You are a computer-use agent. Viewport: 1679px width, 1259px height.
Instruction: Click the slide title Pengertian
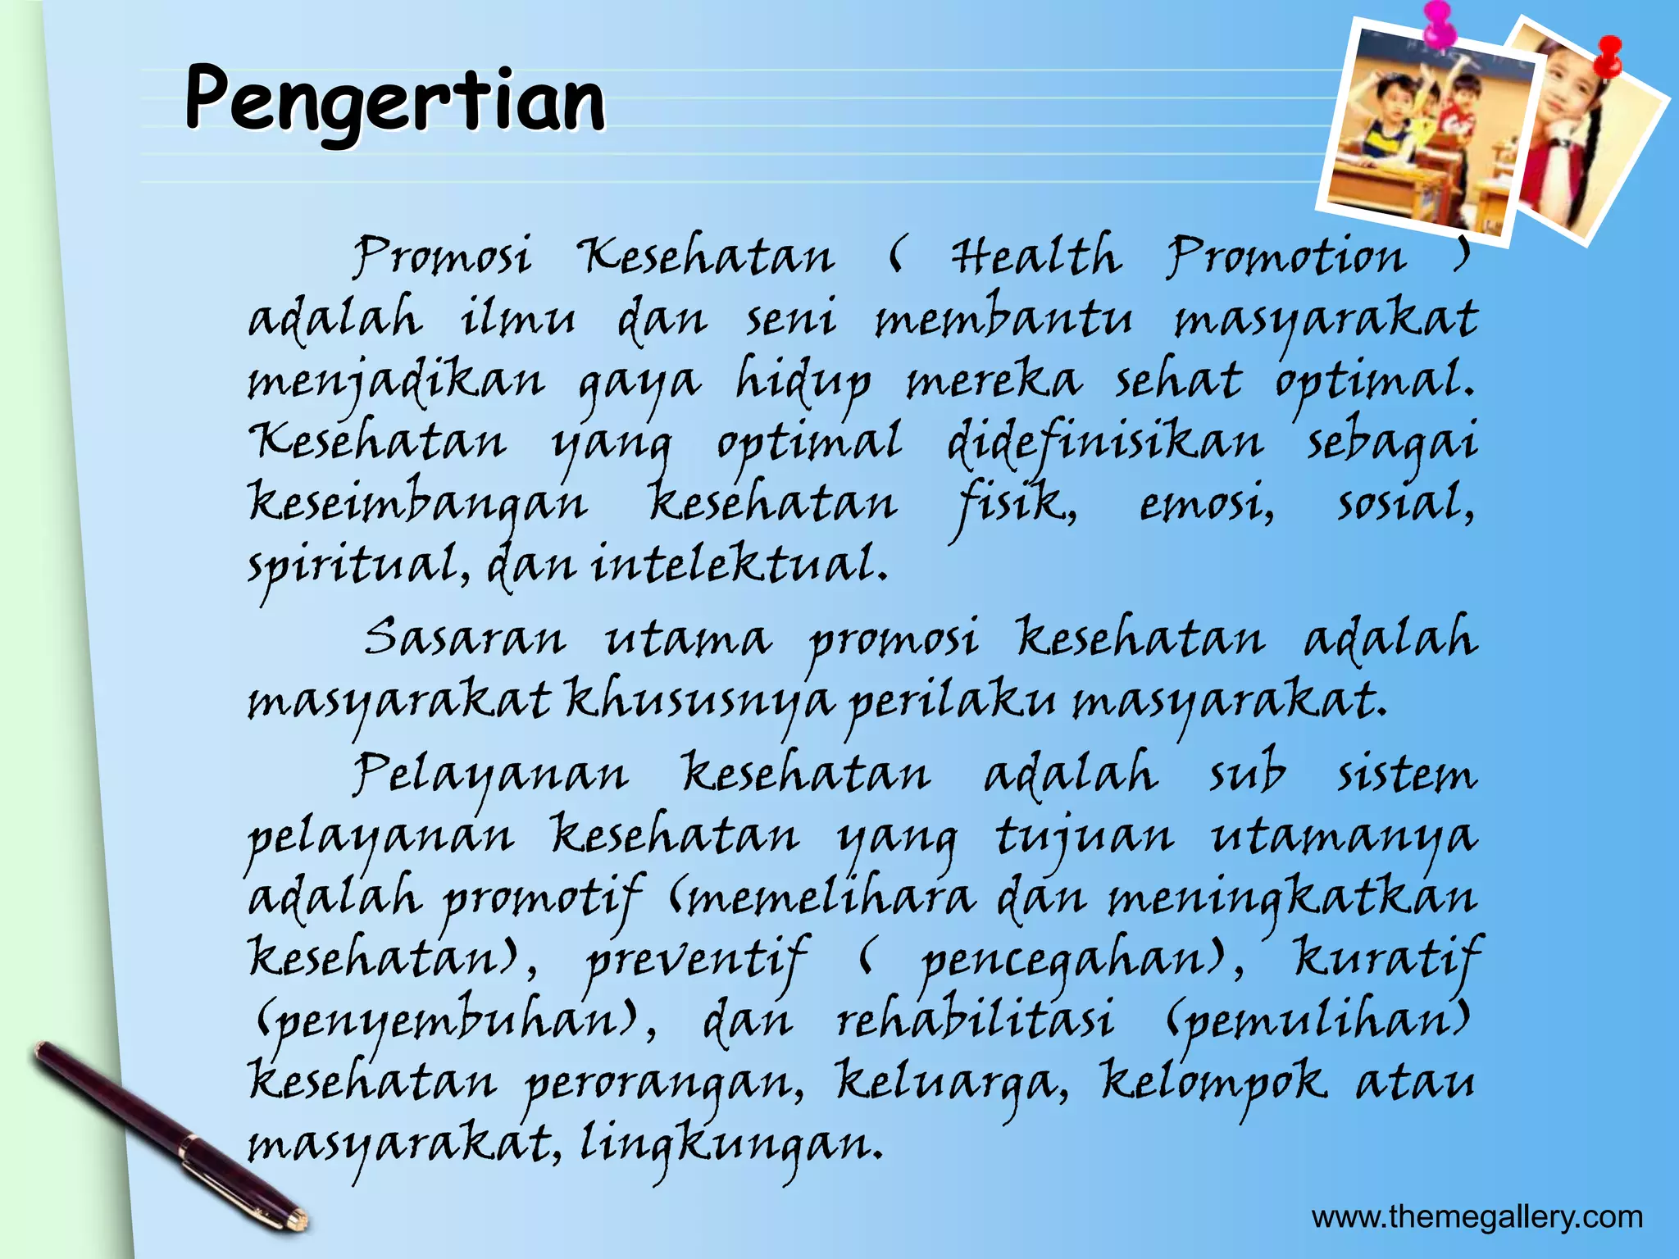(x=394, y=101)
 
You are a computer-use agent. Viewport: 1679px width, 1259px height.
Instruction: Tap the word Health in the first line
(x=1035, y=256)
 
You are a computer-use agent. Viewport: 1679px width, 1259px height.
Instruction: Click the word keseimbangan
(x=417, y=502)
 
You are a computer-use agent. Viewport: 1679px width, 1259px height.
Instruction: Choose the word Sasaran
(x=465, y=638)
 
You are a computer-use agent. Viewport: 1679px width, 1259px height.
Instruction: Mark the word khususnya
(x=699, y=702)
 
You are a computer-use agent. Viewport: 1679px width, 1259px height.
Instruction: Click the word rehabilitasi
(x=975, y=1019)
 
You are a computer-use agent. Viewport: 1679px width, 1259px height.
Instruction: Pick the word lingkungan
(x=730, y=1144)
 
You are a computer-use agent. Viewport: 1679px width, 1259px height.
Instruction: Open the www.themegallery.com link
(x=1477, y=1217)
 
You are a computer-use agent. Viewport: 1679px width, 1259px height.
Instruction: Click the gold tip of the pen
(x=297, y=1219)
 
